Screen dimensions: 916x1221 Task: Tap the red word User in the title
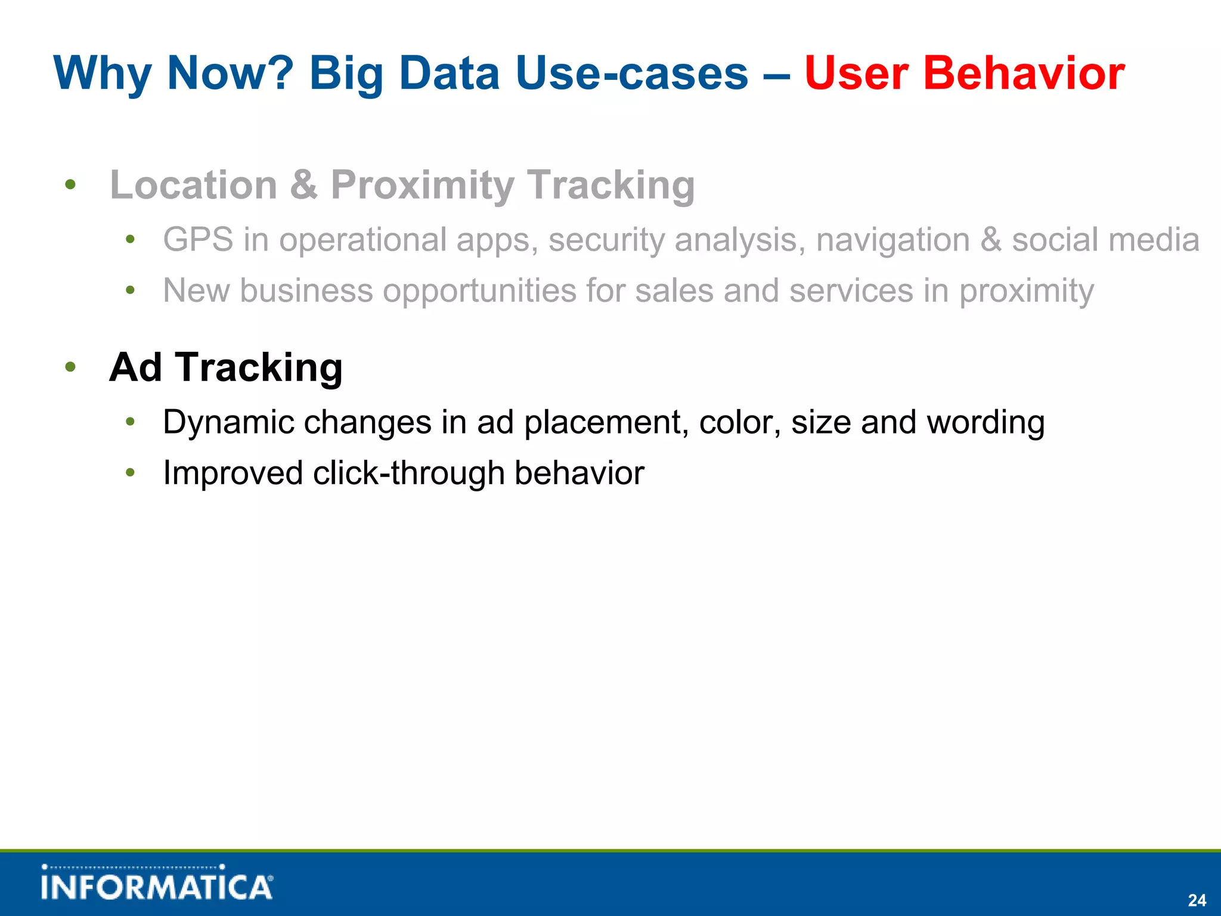(x=856, y=74)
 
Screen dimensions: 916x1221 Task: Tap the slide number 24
(x=1197, y=900)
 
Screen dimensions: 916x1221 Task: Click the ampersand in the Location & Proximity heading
(x=303, y=185)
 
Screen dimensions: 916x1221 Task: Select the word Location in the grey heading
(x=194, y=185)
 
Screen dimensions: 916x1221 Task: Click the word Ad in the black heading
(x=135, y=367)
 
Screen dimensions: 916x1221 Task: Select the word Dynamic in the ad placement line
(x=228, y=423)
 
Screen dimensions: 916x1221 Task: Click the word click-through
(x=408, y=474)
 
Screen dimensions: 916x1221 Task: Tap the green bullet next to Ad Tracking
(x=70, y=367)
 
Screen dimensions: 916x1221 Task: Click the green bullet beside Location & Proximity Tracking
(x=70, y=185)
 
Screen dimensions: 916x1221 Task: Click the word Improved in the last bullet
(x=233, y=474)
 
